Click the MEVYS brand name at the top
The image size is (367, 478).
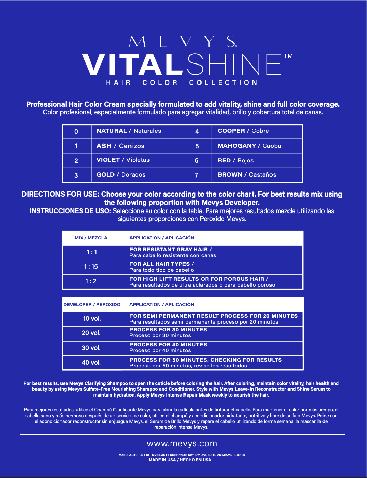183,41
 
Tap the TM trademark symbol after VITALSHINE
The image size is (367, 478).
288,56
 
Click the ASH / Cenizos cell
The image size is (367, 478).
120,146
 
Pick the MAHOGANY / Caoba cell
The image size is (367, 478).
249,146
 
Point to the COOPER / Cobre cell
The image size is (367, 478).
243,131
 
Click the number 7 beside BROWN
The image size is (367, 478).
196,175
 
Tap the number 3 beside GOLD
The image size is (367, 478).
76,175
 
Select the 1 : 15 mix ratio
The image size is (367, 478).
91,267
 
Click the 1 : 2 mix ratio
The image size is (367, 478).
91,281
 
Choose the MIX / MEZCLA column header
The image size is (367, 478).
91,238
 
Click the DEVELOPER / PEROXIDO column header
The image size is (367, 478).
92,305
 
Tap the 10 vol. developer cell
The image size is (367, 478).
92,319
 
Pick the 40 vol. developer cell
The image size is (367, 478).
91,363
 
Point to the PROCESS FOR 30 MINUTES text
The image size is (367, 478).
168,330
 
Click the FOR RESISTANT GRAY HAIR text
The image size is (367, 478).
170,250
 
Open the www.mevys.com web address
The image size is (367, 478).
182,444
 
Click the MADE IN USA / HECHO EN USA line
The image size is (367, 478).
180,460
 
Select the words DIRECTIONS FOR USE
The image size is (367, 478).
60,194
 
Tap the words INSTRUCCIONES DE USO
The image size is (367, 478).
70,211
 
